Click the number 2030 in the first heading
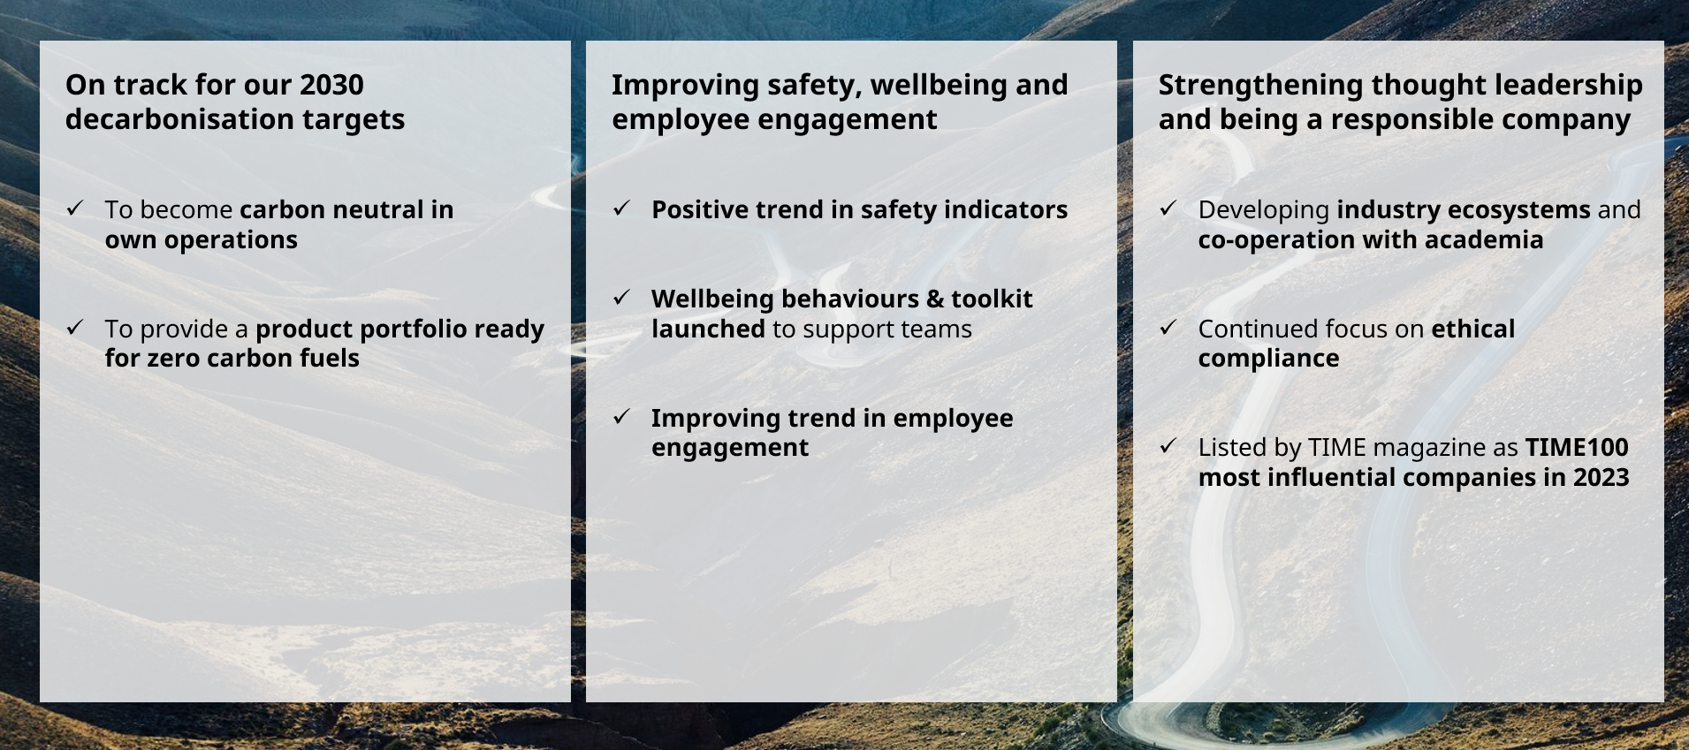tap(331, 85)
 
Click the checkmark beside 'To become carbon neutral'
tap(75, 208)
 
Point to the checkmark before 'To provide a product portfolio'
tap(75, 328)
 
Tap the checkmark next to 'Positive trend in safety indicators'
tap(621, 208)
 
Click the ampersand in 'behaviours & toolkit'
tap(935, 299)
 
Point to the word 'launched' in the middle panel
tap(708, 329)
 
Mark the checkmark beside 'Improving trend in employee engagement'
tap(621, 416)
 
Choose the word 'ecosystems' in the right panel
tap(1464, 210)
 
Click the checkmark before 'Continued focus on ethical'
tap(1168, 328)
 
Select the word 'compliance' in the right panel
tap(1268, 359)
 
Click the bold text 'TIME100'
tap(1577, 447)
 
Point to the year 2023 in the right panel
tap(1601, 477)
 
